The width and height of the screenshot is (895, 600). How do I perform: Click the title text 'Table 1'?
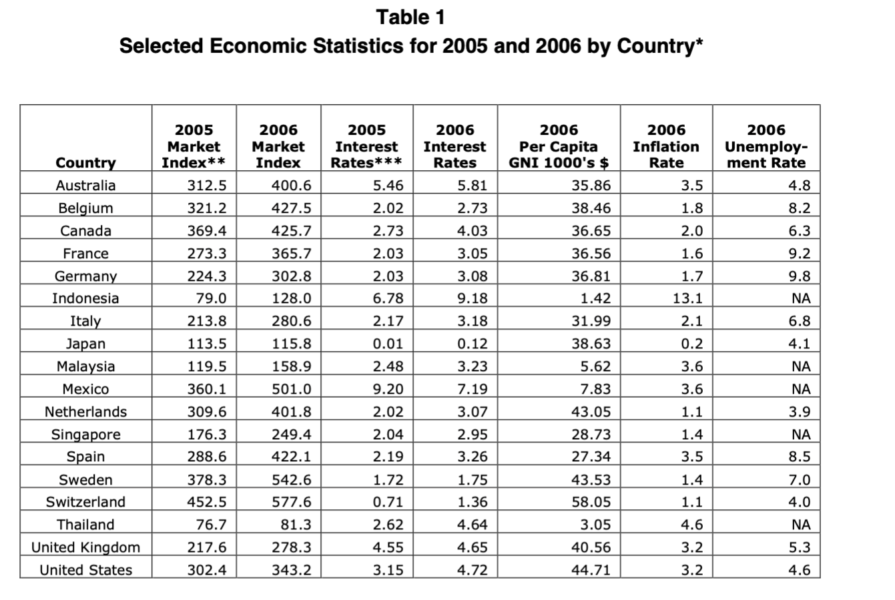[410, 17]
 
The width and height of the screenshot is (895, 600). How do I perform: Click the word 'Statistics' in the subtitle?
[358, 45]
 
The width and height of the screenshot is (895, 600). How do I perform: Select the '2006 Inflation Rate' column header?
[666, 146]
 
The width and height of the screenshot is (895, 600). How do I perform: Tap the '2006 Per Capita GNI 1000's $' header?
[559, 146]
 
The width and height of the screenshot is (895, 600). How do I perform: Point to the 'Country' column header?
[85, 163]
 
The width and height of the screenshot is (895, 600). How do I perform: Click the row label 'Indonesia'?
[85, 298]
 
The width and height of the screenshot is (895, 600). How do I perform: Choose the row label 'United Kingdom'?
[85, 547]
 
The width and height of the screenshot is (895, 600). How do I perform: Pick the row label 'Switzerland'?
[85, 502]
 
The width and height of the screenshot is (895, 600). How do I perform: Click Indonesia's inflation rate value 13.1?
[687, 298]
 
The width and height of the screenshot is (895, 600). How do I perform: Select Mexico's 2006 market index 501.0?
[291, 388]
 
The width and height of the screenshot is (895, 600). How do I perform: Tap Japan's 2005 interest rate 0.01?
[388, 344]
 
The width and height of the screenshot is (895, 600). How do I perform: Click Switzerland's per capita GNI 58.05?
[591, 502]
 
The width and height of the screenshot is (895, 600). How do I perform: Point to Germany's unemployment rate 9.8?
[799, 276]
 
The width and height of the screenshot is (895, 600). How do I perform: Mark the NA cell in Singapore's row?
[801, 434]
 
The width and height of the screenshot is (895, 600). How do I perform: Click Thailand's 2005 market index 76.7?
[211, 525]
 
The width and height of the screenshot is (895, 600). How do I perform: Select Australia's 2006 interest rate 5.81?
[473, 186]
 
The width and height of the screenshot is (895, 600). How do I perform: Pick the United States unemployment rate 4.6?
[799, 570]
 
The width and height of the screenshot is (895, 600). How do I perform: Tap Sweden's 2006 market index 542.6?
[291, 479]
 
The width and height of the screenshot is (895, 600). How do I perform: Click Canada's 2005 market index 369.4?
[207, 230]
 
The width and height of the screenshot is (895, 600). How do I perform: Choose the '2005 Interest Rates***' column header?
[366, 146]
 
